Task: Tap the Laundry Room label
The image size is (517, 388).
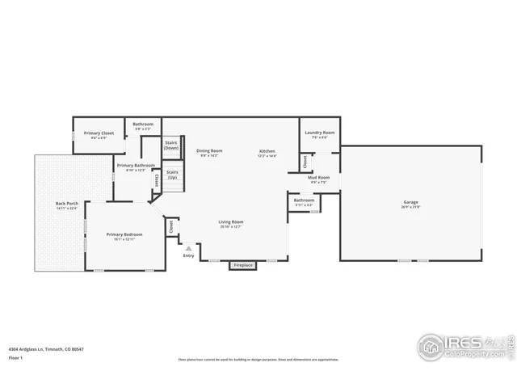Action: (x=320, y=133)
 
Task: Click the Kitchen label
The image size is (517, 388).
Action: (x=267, y=151)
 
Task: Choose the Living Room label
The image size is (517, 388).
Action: (x=231, y=221)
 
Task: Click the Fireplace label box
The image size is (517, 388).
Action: (x=242, y=265)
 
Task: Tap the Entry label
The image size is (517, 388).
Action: (x=189, y=256)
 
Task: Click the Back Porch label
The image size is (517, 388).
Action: (x=66, y=204)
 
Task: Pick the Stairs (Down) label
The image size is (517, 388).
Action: (x=171, y=145)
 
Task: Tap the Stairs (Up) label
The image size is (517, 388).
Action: (x=172, y=174)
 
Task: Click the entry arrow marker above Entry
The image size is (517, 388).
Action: (x=189, y=248)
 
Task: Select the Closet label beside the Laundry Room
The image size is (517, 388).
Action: (x=305, y=161)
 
